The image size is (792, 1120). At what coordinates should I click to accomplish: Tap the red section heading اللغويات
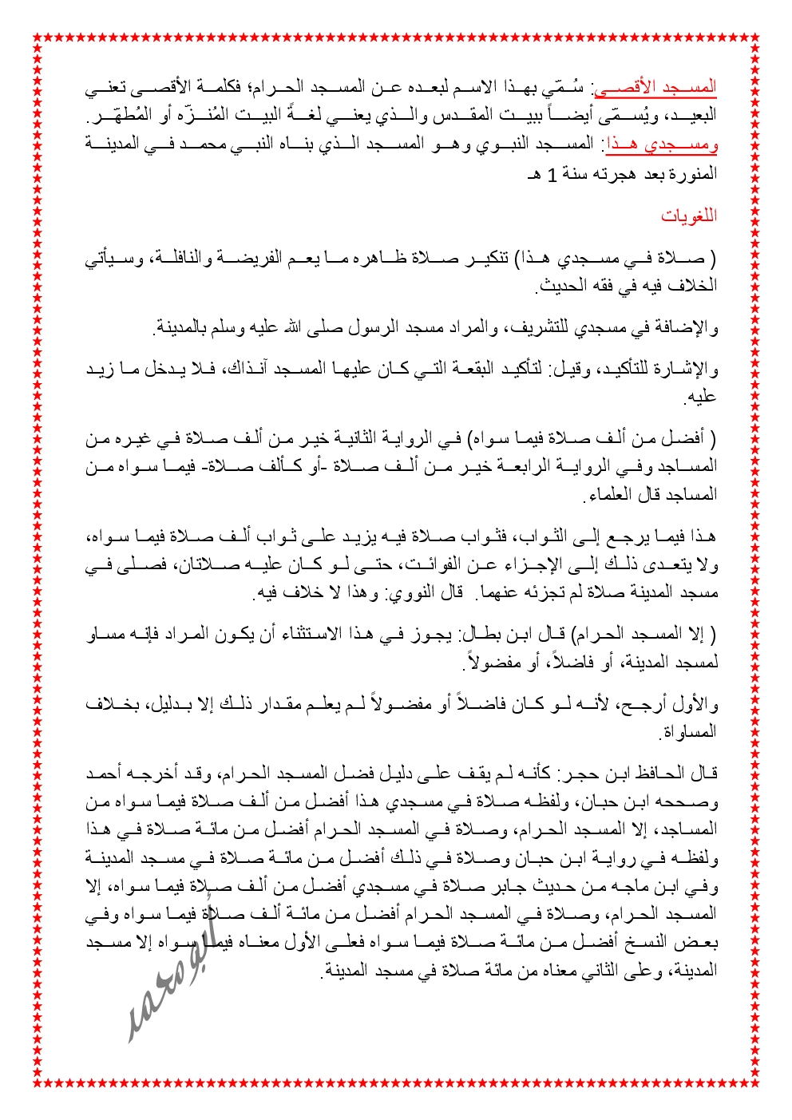pyautogui.click(x=689, y=216)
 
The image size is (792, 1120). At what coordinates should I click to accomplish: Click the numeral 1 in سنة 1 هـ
pyautogui.click(x=551, y=174)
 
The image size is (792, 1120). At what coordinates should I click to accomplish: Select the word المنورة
pyautogui.click(x=693, y=174)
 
